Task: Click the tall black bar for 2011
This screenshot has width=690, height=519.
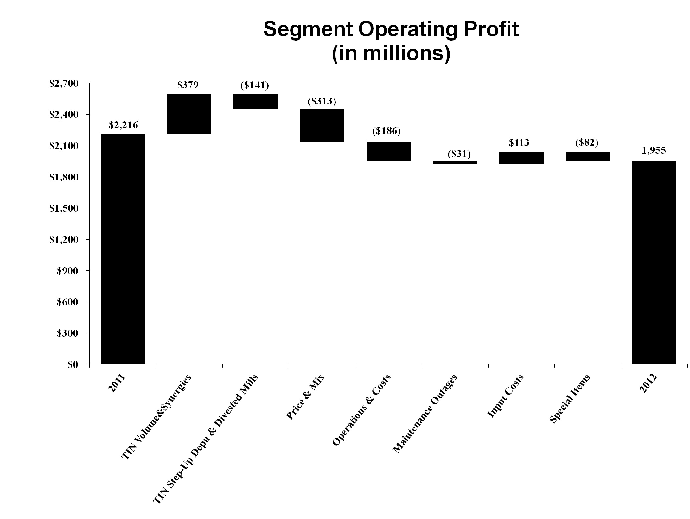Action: click(x=123, y=249)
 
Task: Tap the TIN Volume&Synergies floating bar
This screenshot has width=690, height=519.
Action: click(x=189, y=114)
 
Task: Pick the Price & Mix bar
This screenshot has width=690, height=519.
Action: click(x=322, y=125)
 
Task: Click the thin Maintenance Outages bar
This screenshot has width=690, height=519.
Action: click(x=455, y=162)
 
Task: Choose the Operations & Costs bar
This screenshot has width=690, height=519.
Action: click(x=388, y=151)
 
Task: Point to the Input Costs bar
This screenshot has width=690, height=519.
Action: click(x=521, y=158)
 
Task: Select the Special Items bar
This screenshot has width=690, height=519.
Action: click(x=588, y=156)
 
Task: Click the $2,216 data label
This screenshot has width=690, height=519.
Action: click(x=123, y=125)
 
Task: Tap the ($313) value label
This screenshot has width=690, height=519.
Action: click(x=322, y=101)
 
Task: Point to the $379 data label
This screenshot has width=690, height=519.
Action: click(x=188, y=85)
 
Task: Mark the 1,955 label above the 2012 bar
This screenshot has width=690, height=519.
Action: click(x=654, y=150)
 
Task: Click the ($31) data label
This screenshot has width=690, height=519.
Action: click(x=459, y=154)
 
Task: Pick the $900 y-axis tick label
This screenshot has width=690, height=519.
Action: click(x=71, y=271)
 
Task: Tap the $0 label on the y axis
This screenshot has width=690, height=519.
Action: click(x=75, y=365)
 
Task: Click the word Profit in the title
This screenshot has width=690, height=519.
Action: click(x=489, y=29)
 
